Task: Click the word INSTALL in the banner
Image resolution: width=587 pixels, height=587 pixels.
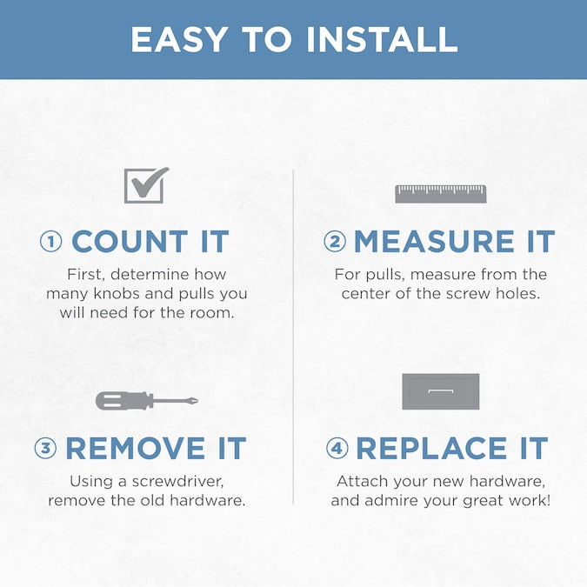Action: [383, 39]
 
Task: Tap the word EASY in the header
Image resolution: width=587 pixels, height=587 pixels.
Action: [179, 39]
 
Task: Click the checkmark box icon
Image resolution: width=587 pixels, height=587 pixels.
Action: [146, 185]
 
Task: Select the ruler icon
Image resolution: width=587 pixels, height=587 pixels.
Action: [441, 194]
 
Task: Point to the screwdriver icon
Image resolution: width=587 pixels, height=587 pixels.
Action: [147, 401]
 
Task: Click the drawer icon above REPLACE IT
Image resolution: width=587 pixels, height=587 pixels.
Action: [441, 391]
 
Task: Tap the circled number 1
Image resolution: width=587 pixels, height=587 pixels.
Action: [51, 242]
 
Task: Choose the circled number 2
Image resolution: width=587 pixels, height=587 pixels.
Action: [335, 242]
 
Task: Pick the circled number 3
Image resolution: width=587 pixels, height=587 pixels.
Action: [46, 448]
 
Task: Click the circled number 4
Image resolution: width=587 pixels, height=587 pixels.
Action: [337, 448]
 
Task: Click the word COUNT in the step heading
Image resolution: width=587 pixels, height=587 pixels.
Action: [130, 242]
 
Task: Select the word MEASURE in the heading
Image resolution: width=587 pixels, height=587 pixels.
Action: [434, 242]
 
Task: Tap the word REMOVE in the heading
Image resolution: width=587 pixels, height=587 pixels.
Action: [136, 448]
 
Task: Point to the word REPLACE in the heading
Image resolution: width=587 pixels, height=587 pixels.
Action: [431, 448]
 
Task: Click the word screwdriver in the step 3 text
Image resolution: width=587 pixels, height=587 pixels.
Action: [177, 481]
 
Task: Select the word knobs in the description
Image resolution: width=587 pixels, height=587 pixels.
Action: [117, 293]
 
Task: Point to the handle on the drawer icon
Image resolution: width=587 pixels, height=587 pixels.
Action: [441, 391]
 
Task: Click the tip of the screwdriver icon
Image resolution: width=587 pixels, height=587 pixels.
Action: [197, 401]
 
